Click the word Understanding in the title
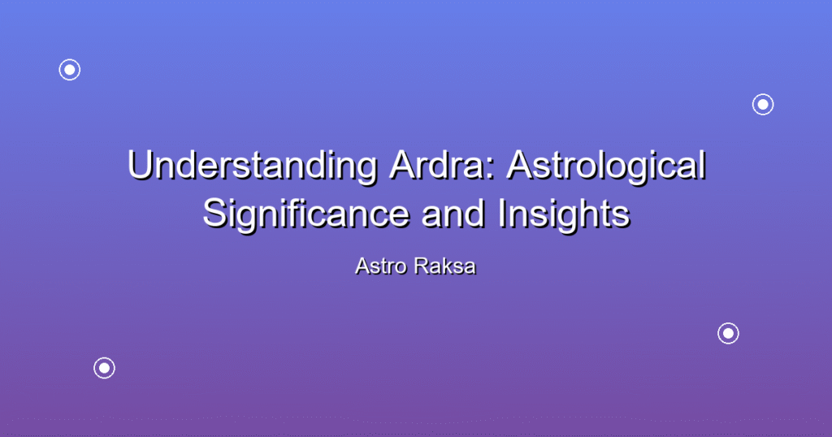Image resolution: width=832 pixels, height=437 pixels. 253,166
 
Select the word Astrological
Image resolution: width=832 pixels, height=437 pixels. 606,166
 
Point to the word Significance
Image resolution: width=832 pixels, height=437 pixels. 306,214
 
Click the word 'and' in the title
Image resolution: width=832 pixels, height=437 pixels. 453,214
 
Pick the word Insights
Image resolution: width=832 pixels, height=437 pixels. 564,214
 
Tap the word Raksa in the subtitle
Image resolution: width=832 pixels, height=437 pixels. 445,266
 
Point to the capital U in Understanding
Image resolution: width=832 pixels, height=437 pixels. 140,166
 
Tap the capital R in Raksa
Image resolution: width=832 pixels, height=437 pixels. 422,266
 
